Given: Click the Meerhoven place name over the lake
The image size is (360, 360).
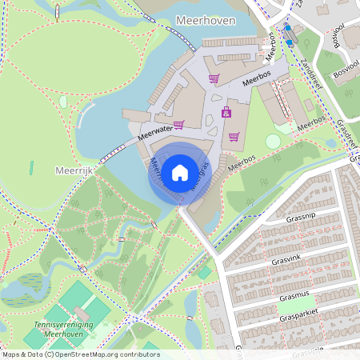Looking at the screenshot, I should (x=204, y=21).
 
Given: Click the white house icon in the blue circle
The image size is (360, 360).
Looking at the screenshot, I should (x=180, y=171).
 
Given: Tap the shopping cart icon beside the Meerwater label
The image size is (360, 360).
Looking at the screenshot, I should (x=179, y=124).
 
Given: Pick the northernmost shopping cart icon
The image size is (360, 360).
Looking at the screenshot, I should (x=214, y=78).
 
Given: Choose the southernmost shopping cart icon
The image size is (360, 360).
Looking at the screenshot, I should (x=234, y=136).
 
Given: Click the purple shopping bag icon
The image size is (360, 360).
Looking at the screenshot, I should (x=226, y=112).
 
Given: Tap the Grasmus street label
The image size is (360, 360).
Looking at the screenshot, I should (x=294, y=297).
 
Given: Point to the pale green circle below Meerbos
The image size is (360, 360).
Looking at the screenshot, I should (x=273, y=142).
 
